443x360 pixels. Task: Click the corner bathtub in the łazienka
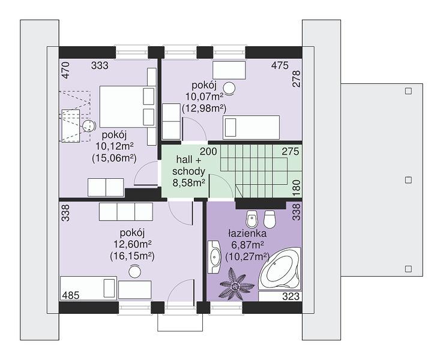click(280, 269)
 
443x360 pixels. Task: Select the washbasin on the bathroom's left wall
click(214, 257)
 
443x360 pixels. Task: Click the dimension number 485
click(71, 295)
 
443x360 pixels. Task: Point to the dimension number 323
click(291, 296)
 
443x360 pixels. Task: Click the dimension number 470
click(65, 70)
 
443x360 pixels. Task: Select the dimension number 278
click(297, 79)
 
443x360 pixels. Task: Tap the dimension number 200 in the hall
click(208, 151)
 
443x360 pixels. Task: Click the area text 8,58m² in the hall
click(189, 182)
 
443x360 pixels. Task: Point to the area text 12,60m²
click(132, 244)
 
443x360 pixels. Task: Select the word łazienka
click(247, 233)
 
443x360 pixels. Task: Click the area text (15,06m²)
click(115, 158)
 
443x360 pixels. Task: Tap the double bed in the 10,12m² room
click(127, 107)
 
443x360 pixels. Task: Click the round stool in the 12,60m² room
click(135, 271)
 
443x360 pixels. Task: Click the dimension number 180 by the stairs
click(297, 187)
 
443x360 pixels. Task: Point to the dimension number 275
click(291, 151)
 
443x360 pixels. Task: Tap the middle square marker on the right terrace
click(408, 180)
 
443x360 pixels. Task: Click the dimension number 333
click(100, 65)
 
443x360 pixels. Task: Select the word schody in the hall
click(188, 172)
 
